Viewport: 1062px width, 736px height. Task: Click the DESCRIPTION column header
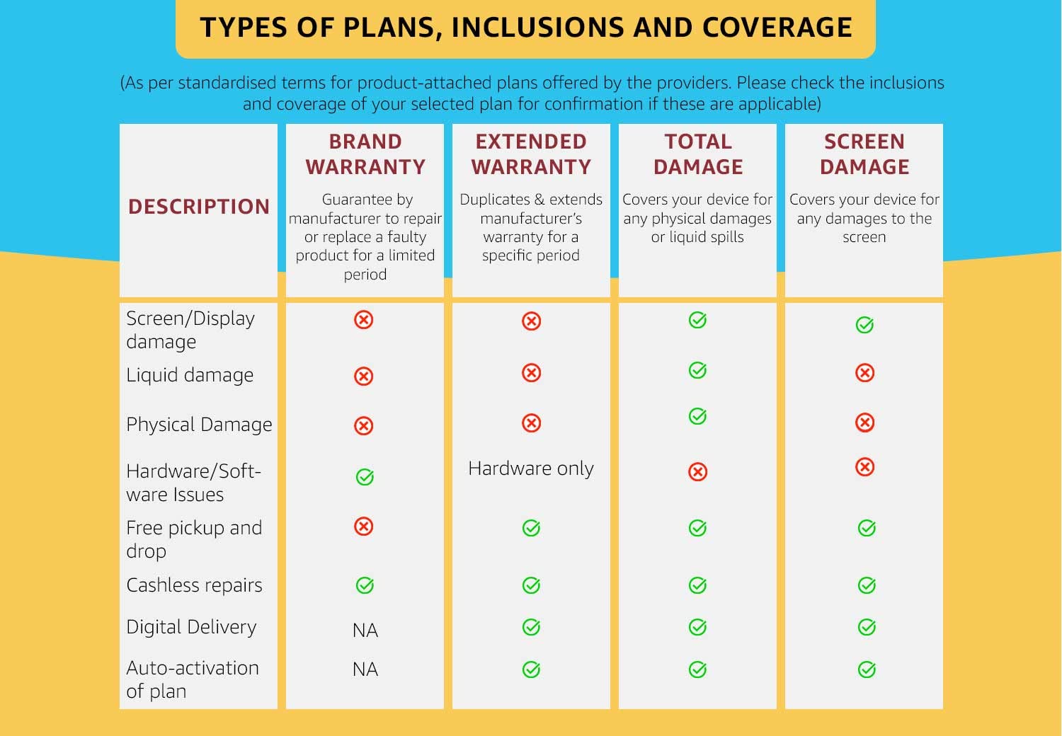(x=199, y=207)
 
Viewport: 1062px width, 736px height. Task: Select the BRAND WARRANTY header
(x=365, y=154)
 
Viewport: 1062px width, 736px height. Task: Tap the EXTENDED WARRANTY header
(x=531, y=154)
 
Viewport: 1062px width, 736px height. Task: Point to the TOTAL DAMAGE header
(x=698, y=154)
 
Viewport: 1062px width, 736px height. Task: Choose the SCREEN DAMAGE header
(x=864, y=154)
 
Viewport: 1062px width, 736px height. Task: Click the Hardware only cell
(x=531, y=468)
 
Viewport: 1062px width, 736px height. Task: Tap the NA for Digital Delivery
(x=365, y=630)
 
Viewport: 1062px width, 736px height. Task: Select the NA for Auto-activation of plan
(x=365, y=669)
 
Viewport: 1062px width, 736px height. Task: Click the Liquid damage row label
(x=190, y=375)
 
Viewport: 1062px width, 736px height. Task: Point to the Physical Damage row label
(x=199, y=425)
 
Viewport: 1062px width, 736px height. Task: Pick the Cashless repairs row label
(x=194, y=585)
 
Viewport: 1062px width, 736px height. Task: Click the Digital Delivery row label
(x=191, y=627)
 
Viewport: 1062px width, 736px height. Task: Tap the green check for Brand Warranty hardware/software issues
(x=365, y=477)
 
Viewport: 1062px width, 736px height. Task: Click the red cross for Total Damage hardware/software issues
(x=698, y=471)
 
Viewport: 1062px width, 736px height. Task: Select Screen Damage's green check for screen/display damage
(x=864, y=325)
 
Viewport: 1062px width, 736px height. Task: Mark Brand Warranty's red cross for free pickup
(x=364, y=527)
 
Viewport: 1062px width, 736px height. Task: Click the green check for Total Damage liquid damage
(x=697, y=370)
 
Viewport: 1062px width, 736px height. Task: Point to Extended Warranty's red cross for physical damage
(x=531, y=423)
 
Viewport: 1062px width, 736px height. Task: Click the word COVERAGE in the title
(x=777, y=28)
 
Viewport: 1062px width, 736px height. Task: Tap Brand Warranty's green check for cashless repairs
(x=365, y=585)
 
